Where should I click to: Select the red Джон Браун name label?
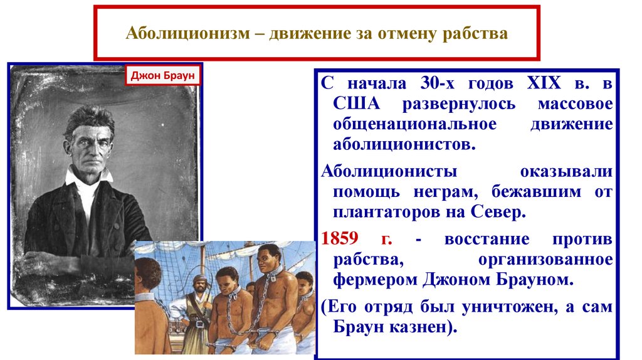[162, 76]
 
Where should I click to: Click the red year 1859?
[340, 238]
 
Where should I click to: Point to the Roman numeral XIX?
[544, 83]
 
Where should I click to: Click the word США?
[356, 103]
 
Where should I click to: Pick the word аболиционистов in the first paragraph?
[404, 145]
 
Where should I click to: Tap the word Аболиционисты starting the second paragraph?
[389, 171]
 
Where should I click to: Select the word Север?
[498, 212]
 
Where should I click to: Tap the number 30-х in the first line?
[437, 83]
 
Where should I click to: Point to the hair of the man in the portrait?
[88, 119]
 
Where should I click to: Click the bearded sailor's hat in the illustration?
[199, 279]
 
